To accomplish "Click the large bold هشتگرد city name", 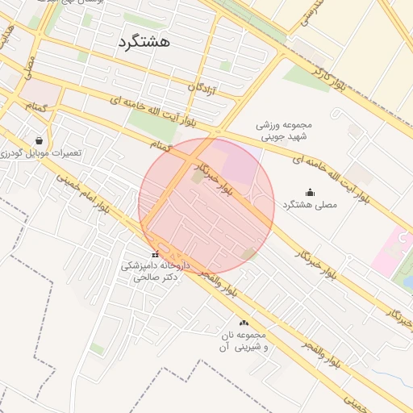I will [x=144, y=43].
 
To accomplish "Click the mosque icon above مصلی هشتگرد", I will [x=311, y=192].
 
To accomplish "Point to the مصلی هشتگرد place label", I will [x=311, y=206].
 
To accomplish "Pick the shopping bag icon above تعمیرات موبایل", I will [x=39, y=140].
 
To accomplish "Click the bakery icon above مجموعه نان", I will [x=244, y=323].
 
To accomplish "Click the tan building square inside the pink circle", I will [x=198, y=177].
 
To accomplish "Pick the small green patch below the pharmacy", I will [x=96, y=348].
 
